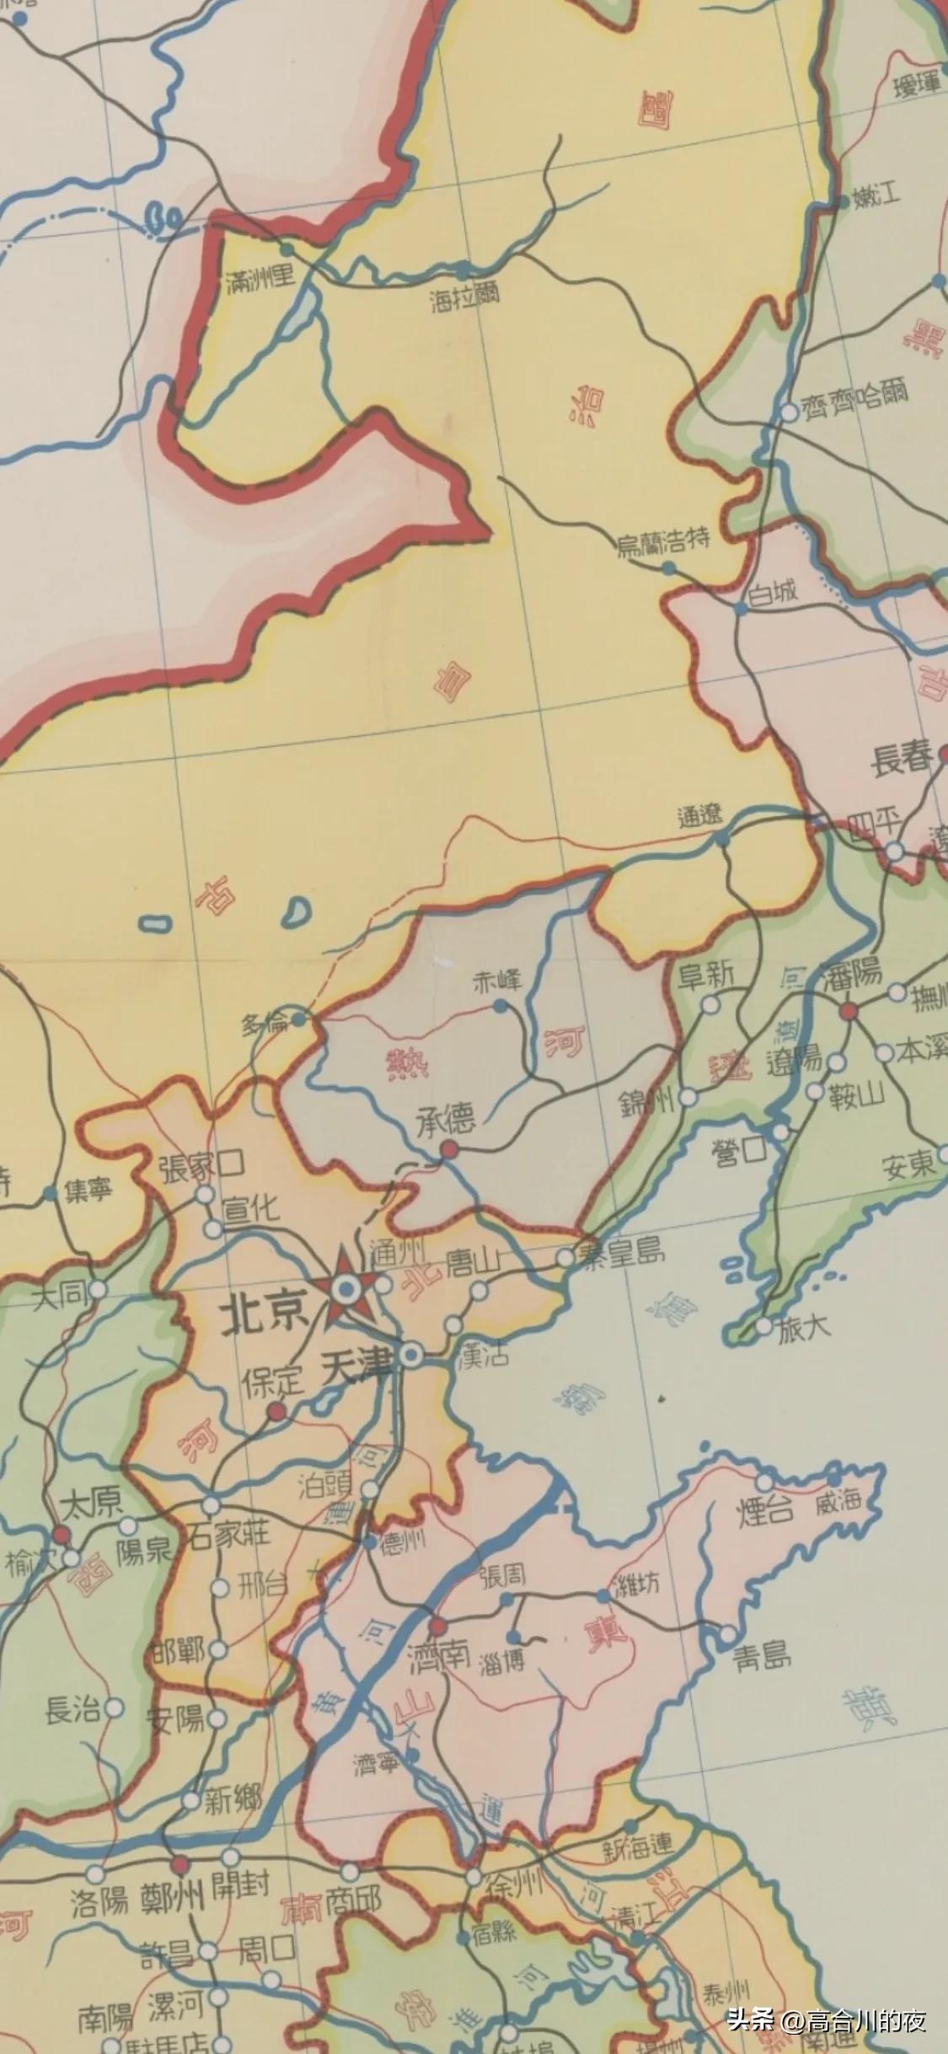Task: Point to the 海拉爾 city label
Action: coord(464,297)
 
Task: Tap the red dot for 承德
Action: coord(449,1148)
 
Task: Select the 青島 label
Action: coord(760,1657)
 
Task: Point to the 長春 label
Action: coord(902,761)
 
